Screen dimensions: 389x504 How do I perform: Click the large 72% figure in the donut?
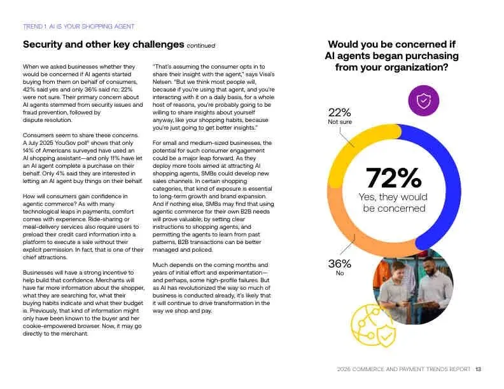(393, 178)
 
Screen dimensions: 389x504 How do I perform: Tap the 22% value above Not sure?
(339, 113)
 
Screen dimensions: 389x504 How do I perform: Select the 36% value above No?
(339, 264)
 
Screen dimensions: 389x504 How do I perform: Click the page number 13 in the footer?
(478, 369)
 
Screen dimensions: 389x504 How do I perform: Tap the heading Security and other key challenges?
(103, 44)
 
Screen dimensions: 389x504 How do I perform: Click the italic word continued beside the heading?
(200, 46)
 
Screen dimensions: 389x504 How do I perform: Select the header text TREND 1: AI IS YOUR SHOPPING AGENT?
(78, 27)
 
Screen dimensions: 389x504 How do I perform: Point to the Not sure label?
(339, 122)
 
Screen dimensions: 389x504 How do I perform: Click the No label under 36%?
(339, 273)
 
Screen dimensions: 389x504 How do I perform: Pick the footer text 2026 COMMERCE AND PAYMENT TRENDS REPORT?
(404, 369)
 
